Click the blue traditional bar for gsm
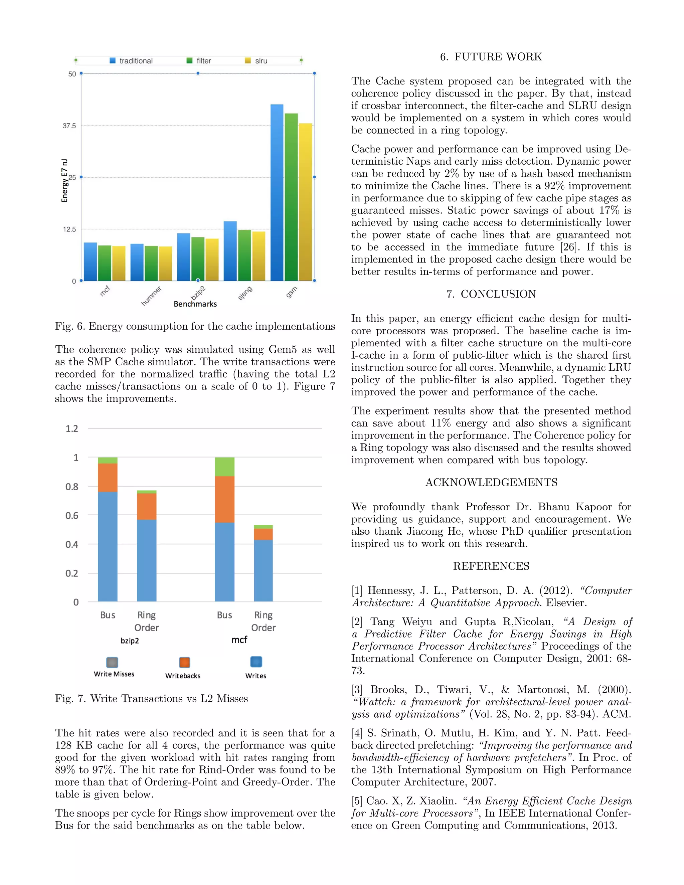[277, 192]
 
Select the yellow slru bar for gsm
[305, 202]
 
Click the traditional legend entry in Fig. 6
[131, 61]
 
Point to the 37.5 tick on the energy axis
[69, 126]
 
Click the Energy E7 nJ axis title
[64, 180]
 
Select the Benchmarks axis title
[195, 304]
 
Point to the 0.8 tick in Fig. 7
[72, 487]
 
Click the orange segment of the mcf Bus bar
[224, 499]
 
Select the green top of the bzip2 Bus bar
[108, 460]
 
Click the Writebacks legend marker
[184, 662]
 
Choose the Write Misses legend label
[114, 674]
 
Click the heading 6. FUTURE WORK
[491, 57]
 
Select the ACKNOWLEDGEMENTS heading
[491, 482]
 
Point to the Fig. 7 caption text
[152, 699]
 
